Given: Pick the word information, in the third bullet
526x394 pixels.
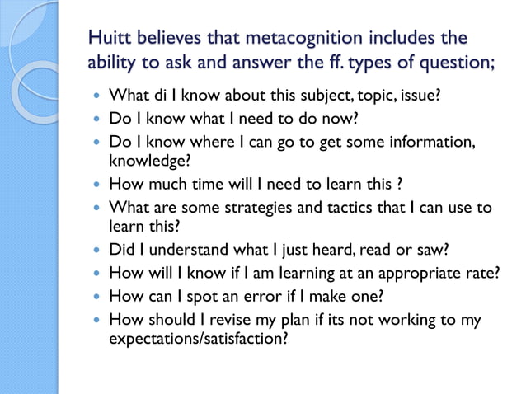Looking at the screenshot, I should click(434, 142).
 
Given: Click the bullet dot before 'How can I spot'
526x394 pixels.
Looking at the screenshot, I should click(99, 296).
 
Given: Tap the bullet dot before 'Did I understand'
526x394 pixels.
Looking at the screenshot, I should click(99, 249).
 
